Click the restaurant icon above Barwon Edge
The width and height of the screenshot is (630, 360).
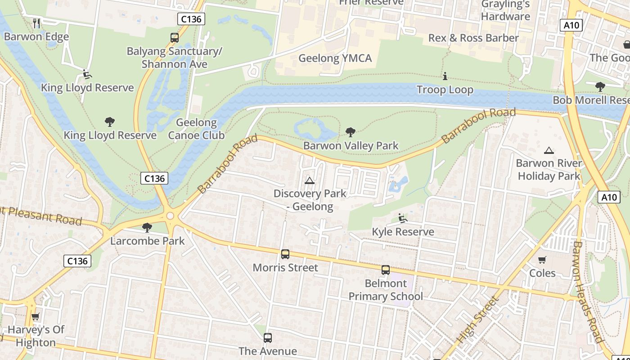coord(37,23)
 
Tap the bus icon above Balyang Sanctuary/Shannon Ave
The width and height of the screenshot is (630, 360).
coord(175,38)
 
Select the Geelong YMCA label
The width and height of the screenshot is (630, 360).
coord(335,58)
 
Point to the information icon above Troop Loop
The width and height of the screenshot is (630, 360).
coord(445,76)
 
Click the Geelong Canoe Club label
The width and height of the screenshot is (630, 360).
coord(196,129)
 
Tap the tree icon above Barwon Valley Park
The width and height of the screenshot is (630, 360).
coord(351,132)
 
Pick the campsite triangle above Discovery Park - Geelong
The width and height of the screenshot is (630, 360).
coord(309,180)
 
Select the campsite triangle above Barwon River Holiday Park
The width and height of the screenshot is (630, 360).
coord(549,150)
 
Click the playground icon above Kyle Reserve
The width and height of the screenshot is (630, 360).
coord(403,218)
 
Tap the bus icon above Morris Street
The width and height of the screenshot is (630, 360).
coord(285,254)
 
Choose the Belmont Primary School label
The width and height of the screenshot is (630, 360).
coord(386,290)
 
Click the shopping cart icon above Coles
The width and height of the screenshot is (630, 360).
coord(542,260)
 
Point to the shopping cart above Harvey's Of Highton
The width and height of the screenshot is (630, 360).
coord(36,316)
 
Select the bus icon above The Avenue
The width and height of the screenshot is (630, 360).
coord(268,337)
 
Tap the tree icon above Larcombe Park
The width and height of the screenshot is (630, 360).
coord(147,227)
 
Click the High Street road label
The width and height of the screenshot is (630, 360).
coord(477,319)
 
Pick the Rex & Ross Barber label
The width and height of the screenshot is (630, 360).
coord(473,38)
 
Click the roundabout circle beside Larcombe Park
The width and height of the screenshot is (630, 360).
coord(170,216)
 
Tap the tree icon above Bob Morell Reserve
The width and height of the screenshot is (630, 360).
coord(600,86)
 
